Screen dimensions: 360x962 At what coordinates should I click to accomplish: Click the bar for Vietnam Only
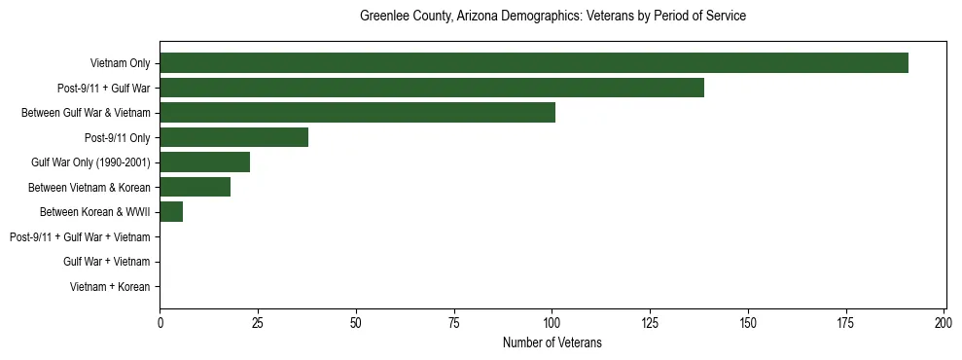[x=533, y=63]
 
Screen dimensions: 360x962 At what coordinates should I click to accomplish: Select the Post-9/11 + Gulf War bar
[x=431, y=88]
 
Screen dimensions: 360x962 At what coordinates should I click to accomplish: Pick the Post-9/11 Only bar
[x=233, y=137]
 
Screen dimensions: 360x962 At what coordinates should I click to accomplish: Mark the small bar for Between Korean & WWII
[x=171, y=212]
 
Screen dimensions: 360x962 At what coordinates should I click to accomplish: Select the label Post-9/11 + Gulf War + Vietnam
[x=80, y=236]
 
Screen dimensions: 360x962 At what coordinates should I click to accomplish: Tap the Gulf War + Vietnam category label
[x=107, y=262]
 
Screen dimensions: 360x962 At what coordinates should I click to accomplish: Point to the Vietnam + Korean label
[x=110, y=287]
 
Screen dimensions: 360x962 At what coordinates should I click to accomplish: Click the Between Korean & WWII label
[x=95, y=212]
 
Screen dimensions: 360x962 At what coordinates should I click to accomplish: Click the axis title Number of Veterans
[x=552, y=342]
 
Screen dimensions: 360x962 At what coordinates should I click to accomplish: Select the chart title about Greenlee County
[x=552, y=17]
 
